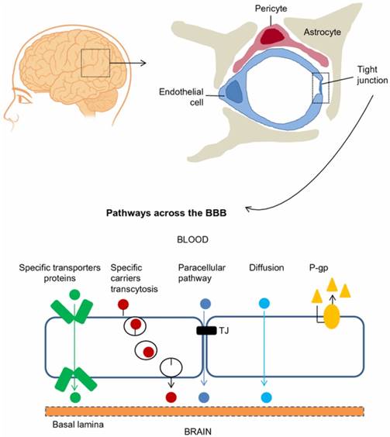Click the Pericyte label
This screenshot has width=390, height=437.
(x=270, y=9)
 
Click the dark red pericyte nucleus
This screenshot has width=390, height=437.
(x=272, y=34)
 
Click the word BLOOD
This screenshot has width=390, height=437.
(x=197, y=241)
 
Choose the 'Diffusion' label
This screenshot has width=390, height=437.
(x=264, y=270)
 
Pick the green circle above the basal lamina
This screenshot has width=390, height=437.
(x=74, y=397)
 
